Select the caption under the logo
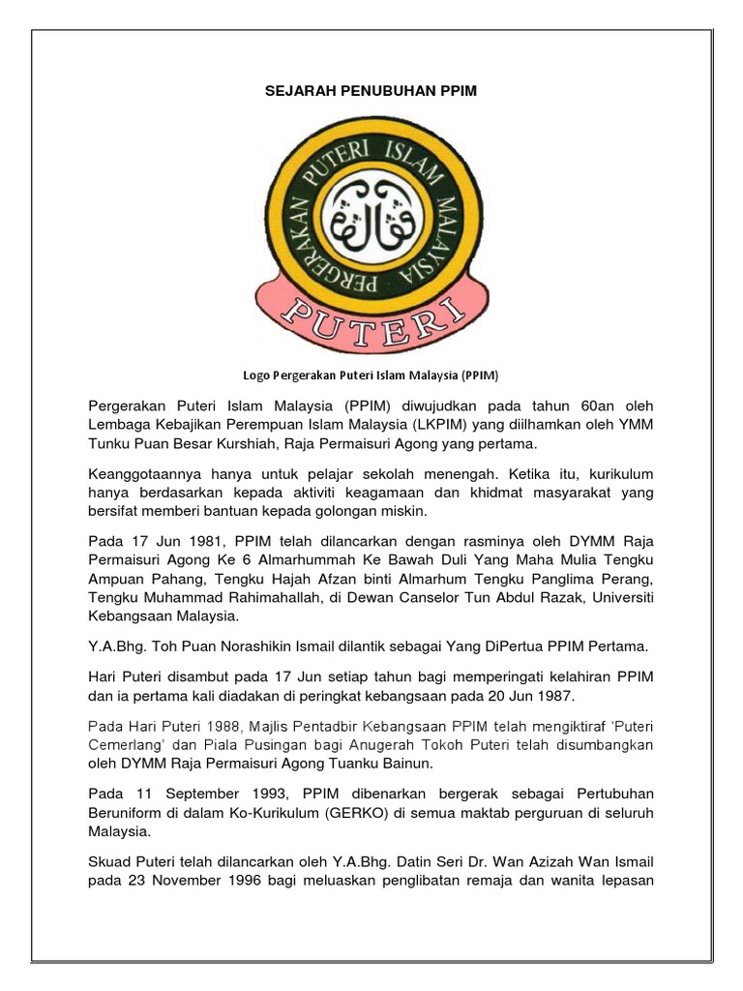point(371,375)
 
